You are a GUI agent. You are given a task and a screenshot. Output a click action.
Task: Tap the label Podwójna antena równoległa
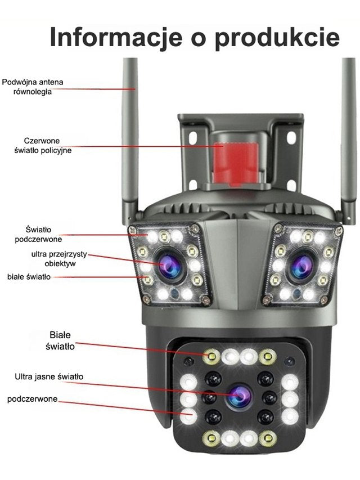33,87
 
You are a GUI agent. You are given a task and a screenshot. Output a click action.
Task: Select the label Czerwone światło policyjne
43,145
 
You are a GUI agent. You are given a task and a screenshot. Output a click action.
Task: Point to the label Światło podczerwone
38,234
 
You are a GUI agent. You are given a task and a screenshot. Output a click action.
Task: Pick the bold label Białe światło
60,341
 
